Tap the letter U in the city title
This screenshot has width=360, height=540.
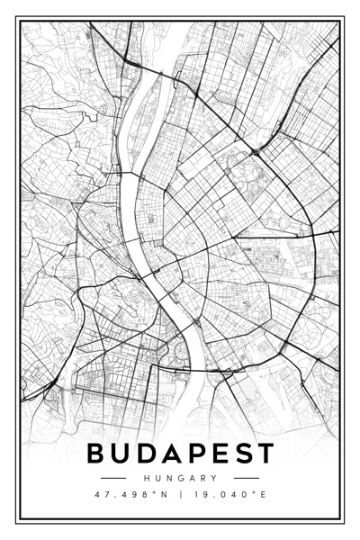click(x=121, y=454)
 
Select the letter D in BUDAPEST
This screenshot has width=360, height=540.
click(x=148, y=454)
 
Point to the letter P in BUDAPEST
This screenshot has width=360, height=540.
click(x=199, y=454)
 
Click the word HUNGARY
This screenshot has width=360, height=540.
click(x=180, y=478)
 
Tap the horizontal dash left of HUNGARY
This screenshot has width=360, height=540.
click(x=113, y=478)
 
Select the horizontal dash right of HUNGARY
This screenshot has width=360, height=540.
click(x=246, y=478)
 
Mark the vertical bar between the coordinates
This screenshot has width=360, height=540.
click(x=181, y=494)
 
